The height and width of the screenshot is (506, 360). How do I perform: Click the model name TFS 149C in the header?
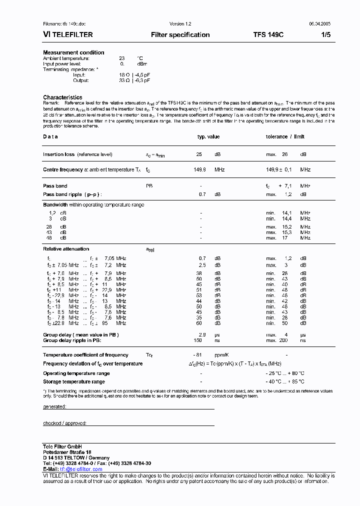tap(268, 35)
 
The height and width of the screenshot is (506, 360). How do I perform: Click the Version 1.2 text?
tap(180, 24)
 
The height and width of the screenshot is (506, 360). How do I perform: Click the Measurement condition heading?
tap(73, 52)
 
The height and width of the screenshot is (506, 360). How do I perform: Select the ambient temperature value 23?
tap(121, 58)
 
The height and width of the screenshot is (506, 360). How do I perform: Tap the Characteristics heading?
tap(62, 97)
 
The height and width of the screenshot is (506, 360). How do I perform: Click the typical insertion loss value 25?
tap(199, 154)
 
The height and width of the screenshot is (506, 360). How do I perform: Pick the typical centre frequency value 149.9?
tap(200, 170)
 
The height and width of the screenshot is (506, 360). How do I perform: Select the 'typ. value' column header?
tap(208, 136)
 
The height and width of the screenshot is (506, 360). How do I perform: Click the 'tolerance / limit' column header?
tap(285, 136)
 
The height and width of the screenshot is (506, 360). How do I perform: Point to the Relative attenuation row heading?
tap(66, 248)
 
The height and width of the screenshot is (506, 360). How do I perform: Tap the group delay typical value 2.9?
tap(202, 334)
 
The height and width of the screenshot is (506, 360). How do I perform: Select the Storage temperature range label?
tap(73, 382)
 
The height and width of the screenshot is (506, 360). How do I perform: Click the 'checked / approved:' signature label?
tap(65, 423)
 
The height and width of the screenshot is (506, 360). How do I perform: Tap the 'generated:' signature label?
tap(55, 407)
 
